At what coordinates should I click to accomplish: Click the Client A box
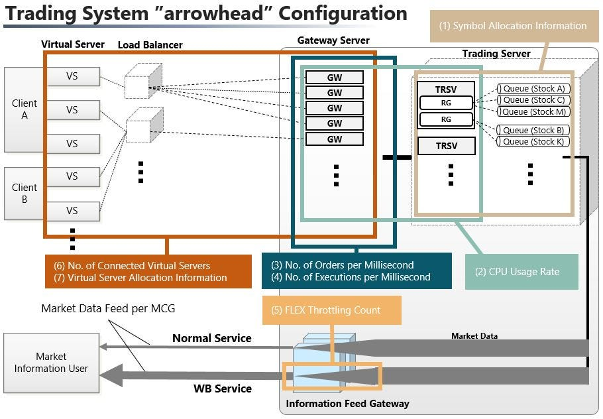click(25, 109)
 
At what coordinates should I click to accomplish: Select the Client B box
click(25, 193)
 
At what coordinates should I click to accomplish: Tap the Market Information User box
click(51, 363)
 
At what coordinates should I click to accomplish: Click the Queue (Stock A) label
click(534, 89)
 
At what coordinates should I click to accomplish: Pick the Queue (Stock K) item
click(534, 141)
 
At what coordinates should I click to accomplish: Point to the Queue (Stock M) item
click(534, 111)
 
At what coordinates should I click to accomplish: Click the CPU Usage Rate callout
click(521, 271)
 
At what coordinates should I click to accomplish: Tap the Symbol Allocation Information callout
click(513, 26)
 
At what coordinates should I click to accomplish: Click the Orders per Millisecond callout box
click(356, 271)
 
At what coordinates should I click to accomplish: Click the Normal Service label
click(212, 338)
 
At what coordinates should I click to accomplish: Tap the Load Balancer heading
click(150, 45)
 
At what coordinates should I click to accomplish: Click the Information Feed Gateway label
click(347, 403)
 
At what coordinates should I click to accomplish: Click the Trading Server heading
click(496, 54)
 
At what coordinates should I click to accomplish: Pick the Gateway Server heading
click(333, 40)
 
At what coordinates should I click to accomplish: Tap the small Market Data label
click(474, 336)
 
